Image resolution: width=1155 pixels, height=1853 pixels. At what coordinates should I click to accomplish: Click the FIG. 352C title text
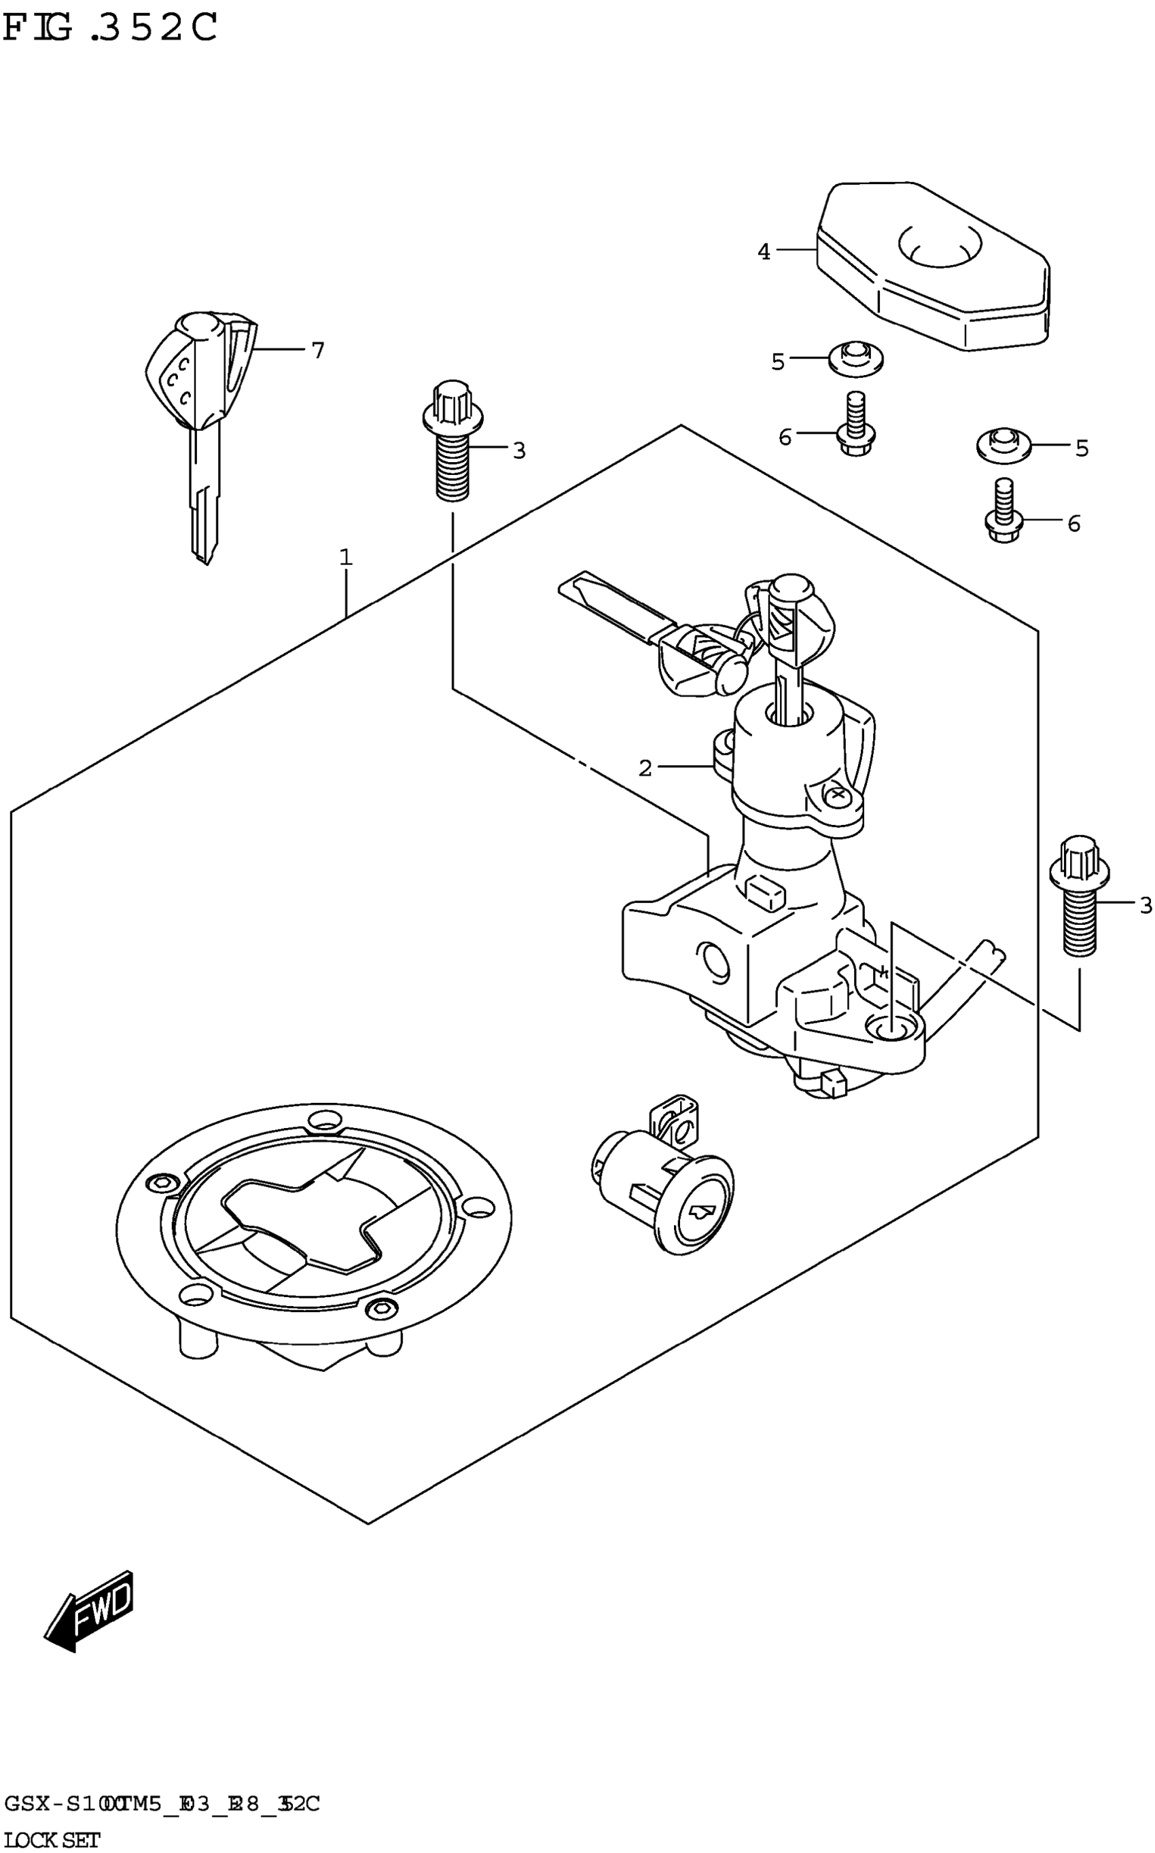click(111, 29)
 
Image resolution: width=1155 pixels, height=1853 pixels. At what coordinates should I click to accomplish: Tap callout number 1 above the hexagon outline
click(346, 558)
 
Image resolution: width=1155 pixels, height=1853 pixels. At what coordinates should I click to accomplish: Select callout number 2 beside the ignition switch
click(645, 768)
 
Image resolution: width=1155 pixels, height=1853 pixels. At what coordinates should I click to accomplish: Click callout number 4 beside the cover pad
click(764, 251)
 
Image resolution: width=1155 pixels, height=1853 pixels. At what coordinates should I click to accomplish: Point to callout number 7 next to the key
click(318, 351)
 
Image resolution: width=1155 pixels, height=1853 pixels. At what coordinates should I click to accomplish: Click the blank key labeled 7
click(202, 412)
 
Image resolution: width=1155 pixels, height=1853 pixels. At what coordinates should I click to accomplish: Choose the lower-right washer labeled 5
click(1003, 445)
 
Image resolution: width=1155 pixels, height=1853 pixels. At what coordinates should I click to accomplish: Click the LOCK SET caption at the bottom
click(52, 1840)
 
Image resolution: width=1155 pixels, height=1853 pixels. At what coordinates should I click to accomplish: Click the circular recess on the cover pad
click(940, 245)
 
